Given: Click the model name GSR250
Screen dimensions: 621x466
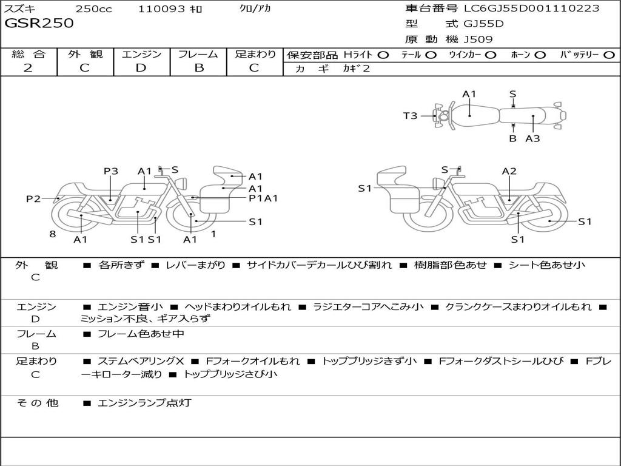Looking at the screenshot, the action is [39, 24].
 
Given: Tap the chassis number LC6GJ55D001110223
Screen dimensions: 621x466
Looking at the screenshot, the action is [531, 8].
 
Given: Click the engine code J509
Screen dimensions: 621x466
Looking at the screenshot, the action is [478, 39].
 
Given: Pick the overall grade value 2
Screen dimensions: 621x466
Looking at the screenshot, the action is [28, 68].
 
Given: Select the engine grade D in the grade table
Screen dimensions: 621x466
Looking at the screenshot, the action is [141, 68].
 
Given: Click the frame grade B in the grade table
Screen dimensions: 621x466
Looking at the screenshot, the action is [198, 68].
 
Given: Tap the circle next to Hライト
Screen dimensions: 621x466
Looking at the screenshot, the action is [383, 55].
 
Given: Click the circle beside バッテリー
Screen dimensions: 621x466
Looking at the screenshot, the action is [609, 55].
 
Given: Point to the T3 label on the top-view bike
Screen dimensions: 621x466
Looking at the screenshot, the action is [411, 115].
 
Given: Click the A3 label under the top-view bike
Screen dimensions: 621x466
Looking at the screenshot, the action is [532, 138].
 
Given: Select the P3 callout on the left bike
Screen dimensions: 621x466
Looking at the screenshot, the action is [110, 171].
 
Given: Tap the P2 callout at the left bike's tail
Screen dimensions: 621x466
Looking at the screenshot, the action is [33, 198].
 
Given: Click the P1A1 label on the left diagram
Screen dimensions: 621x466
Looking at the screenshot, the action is [263, 198].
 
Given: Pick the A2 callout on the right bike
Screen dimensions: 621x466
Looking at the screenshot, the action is [509, 171].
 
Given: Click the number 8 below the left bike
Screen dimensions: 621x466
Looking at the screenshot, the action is [53, 234].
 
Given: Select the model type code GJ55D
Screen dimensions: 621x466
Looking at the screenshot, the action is [483, 24].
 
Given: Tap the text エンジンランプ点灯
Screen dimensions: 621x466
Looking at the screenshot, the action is [144, 402].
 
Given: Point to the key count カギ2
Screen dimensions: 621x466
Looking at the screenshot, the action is [357, 69].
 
